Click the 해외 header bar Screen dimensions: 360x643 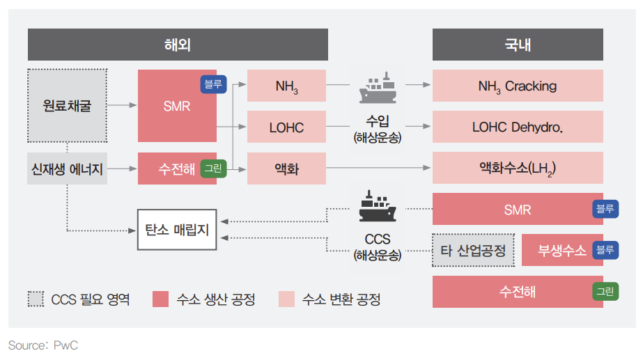pos(178,45)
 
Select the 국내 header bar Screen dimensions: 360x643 pos(518,45)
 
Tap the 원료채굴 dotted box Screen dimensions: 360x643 pos(67,106)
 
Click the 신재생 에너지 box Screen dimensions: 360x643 pos(67,169)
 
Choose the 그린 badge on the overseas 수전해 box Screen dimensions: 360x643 pos(213,169)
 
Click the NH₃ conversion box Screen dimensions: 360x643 pos(287,86)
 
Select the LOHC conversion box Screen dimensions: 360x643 pos(287,127)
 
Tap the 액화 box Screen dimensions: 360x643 pos(287,169)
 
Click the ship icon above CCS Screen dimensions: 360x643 pos(377,207)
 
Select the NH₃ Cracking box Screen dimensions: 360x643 pos(518,86)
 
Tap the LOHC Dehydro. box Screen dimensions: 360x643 pos(518,127)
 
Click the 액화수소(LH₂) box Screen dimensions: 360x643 pos(518,169)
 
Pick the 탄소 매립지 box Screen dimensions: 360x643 pos(177,229)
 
